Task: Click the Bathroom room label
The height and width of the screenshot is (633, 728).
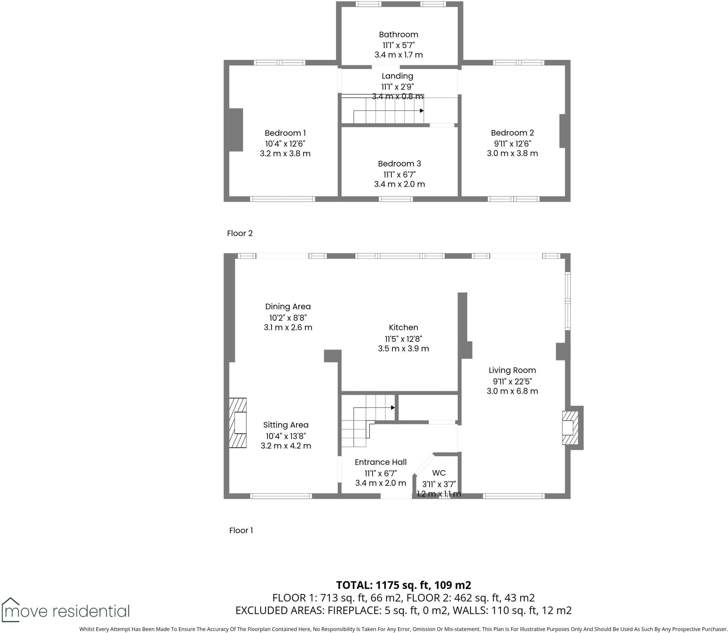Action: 398,34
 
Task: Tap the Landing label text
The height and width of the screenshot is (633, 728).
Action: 397,76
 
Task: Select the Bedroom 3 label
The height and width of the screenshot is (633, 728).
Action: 399,164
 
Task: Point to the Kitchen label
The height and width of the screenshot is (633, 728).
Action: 403,327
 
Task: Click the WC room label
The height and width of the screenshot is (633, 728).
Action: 439,473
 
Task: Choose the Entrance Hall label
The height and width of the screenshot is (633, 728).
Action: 380,462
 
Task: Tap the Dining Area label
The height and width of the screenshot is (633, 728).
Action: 288,307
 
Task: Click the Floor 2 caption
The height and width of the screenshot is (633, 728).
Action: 240,233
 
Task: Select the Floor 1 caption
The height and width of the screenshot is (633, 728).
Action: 241,530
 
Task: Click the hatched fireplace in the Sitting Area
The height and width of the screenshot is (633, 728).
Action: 237,422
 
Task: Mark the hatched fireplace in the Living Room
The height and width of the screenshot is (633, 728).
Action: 569,428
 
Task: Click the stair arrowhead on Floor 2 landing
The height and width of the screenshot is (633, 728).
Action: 422,111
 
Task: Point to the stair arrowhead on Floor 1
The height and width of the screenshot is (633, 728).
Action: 393,408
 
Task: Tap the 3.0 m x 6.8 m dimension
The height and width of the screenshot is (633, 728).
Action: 512,391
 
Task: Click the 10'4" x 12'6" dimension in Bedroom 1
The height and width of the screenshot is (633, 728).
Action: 285,144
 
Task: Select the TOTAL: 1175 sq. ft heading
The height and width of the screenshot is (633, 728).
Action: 403,585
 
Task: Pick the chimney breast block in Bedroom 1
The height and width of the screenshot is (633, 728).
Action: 236,130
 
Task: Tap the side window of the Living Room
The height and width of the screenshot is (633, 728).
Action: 568,301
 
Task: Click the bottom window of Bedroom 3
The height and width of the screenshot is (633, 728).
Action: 396,199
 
